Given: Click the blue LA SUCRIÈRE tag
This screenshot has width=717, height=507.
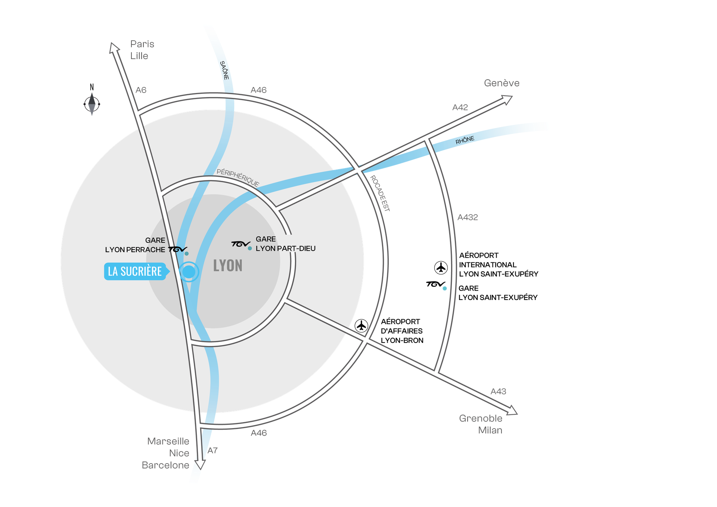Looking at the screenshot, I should coord(135,271).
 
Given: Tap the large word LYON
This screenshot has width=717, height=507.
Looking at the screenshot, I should coord(228,266).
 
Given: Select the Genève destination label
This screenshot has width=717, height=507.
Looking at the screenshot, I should coord(502,83).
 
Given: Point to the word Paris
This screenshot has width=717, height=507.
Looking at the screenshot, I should coord(142,44).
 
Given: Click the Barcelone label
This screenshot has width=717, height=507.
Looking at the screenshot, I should coord(165,465).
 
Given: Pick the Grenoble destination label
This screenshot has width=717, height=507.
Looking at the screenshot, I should coord(481,418).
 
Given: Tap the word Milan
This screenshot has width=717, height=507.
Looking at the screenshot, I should coord(490,430).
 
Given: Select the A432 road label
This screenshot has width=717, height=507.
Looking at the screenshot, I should coord(468,217).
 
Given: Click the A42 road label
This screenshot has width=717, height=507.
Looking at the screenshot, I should coord(460,108).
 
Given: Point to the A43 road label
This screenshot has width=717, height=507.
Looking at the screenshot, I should coord(498,391).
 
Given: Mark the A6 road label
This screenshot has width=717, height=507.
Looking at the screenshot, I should coord(141,90).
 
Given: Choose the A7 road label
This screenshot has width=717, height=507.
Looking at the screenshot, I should coord(212,451).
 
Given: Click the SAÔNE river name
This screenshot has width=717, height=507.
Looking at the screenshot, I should coord(224,70).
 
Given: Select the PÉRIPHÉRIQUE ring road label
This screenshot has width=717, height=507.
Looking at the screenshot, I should coord(238,177).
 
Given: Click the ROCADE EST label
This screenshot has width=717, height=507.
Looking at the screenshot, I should coord(380,193).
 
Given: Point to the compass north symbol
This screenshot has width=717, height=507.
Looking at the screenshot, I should coord(92,104).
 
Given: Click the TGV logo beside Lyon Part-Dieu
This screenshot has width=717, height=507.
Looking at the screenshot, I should coord(240,244).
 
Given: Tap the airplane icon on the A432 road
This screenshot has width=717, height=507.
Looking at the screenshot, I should coord(441,268).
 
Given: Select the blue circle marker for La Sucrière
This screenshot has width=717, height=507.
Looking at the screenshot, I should coord(189,272).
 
